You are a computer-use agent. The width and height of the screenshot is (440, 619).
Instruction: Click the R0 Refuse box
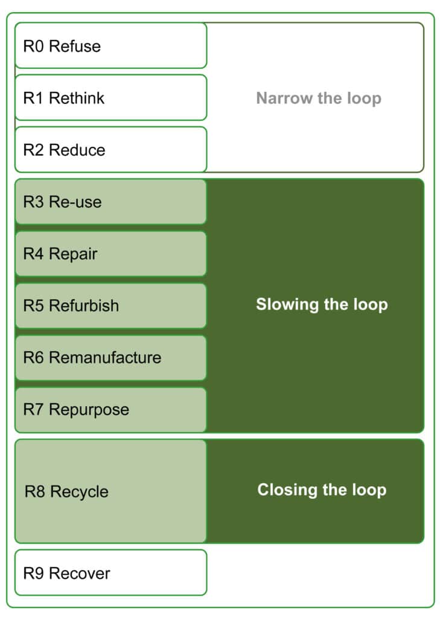(x=111, y=45)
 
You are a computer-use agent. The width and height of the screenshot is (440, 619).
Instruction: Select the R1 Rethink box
(x=111, y=97)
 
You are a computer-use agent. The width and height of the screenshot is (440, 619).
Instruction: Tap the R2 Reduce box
(x=111, y=150)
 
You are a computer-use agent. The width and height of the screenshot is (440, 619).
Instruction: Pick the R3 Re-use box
(x=111, y=202)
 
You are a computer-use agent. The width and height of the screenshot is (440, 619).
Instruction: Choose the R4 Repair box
(x=111, y=253)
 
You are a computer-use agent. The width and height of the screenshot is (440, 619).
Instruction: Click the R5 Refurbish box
(x=111, y=305)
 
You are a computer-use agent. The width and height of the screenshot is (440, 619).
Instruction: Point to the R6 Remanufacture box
(x=111, y=358)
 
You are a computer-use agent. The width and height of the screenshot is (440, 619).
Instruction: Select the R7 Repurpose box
(x=111, y=410)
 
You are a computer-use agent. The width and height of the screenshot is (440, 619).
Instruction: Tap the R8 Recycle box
(x=111, y=491)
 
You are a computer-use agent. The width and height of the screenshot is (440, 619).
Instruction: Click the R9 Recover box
(x=111, y=572)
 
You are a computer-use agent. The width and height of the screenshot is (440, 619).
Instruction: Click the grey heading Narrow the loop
(x=319, y=99)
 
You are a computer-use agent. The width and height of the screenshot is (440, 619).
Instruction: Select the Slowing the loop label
(x=322, y=305)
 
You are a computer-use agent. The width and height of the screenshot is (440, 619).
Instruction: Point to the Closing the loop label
(x=322, y=490)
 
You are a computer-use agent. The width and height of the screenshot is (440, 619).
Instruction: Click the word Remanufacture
(x=105, y=358)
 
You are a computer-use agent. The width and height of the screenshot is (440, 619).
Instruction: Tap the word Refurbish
(x=84, y=305)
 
